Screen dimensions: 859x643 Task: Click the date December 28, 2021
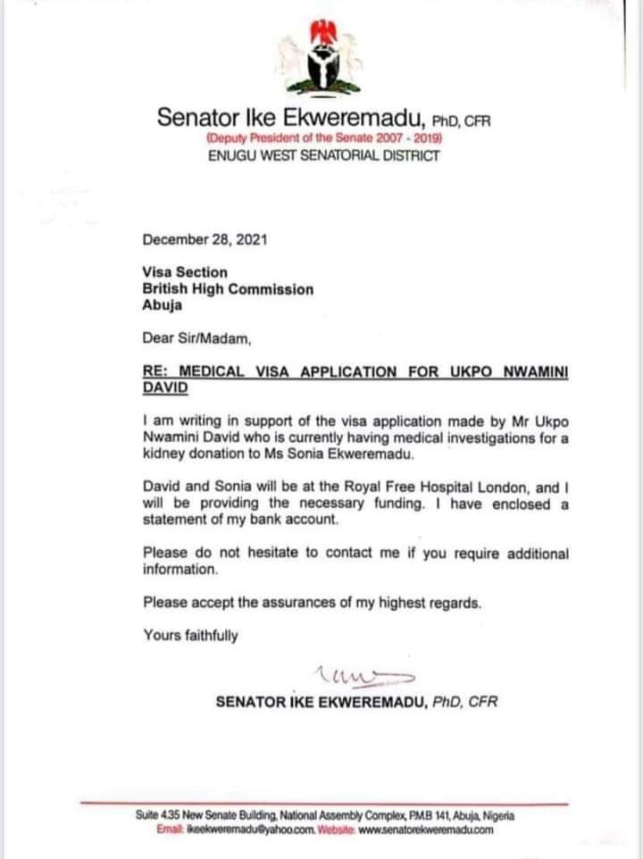click(204, 240)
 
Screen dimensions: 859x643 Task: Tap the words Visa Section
click(185, 272)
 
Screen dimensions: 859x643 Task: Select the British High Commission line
click(228, 289)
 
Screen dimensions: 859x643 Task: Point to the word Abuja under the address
click(162, 305)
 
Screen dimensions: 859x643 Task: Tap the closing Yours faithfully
click(191, 635)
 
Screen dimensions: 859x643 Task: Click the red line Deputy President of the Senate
click(323, 138)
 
